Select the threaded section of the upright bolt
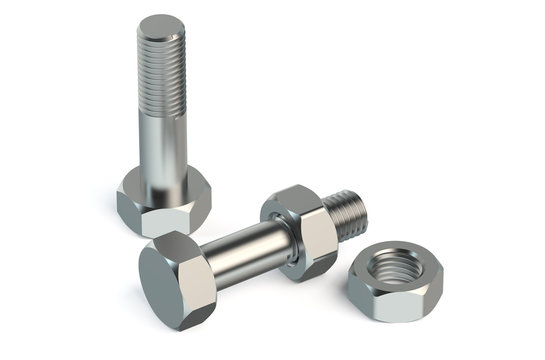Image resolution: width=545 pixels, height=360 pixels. coord(161,70)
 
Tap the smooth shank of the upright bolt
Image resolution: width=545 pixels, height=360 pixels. coord(162,145)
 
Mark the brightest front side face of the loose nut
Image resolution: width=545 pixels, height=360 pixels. coord(414,301)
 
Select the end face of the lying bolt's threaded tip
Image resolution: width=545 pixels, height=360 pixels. coord(361,209)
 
